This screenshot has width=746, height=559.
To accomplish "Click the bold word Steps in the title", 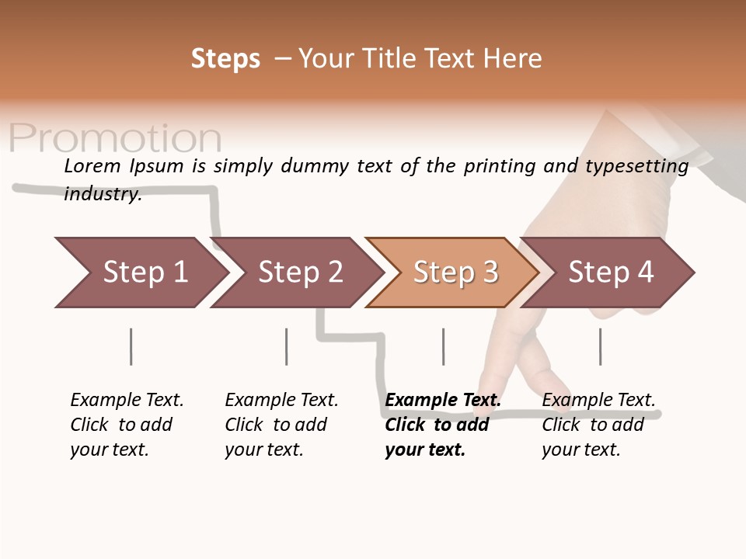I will (225, 59).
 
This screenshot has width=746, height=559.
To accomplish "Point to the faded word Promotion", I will (115, 138).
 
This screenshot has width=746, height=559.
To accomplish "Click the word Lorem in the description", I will (92, 165).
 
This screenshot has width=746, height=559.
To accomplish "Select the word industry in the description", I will (102, 194).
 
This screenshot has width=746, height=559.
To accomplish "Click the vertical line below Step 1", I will (131, 346).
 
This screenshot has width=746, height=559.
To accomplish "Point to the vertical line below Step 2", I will (287, 346).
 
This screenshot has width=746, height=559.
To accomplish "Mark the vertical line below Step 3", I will (444, 346).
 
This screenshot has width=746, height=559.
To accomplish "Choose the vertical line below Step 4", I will (600, 346).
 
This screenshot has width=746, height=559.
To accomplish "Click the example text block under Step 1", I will (127, 425).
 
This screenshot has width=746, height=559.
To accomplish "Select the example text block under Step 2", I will (281, 425).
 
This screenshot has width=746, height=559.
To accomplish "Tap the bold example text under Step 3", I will (442, 425).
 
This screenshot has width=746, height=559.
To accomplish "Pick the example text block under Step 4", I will (598, 425).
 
